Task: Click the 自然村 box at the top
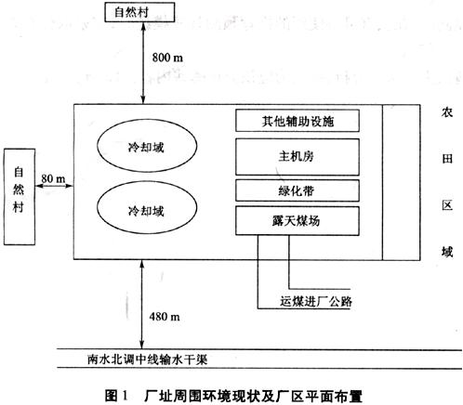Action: click(139, 12)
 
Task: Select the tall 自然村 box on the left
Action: click(20, 197)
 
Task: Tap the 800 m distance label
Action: click(167, 58)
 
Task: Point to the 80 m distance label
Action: click(53, 178)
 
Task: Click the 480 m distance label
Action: click(165, 317)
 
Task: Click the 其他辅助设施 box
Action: click(298, 121)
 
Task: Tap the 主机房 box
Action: click(298, 157)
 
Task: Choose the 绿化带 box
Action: click(298, 190)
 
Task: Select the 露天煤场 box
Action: click(298, 221)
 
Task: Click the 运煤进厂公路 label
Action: click(316, 301)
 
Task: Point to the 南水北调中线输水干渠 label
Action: click(148, 359)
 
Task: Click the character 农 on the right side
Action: click(447, 112)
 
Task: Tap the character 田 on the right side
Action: click(447, 159)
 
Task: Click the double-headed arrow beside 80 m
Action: click(55, 186)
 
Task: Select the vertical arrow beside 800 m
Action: click(143, 63)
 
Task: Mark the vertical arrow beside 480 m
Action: click(142, 305)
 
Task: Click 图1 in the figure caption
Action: click(116, 396)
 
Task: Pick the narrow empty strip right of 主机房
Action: click(402, 182)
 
